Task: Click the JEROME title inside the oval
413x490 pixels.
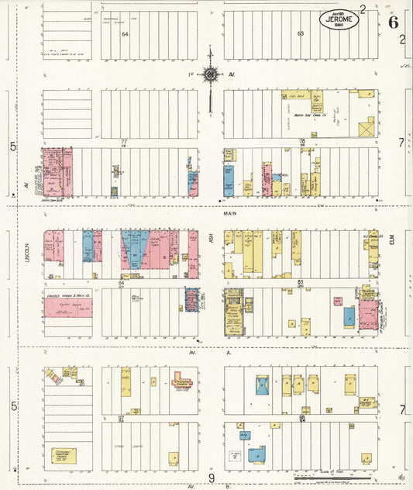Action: [339, 20]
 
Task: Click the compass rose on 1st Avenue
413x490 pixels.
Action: [210, 75]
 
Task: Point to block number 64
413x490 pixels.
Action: [124, 34]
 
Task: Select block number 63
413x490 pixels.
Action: [300, 33]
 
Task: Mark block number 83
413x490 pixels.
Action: [300, 282]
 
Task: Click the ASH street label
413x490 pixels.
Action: [211, 243]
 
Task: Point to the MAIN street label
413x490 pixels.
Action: [229, 213]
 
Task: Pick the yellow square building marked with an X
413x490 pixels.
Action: [366, 126]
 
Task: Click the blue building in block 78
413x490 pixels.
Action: [229, 181]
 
